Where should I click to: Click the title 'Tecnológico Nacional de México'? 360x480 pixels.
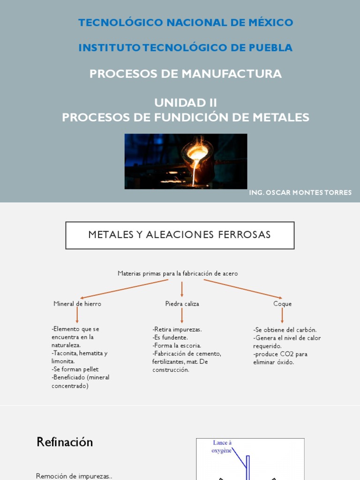(x=186, y=22)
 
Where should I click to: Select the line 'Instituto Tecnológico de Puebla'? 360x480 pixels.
(x=186, y=48)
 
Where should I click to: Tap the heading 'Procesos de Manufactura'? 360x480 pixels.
(x=186, y=74)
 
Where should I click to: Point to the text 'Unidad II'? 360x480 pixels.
(x=186, y=103)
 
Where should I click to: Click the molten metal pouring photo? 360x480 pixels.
(x=186, y=161)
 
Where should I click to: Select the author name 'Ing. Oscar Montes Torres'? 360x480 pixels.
(x=300, y=193)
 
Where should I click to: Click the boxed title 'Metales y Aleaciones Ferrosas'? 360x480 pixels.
(x=180, y=235)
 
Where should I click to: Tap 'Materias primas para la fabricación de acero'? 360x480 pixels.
(x=178, y=273)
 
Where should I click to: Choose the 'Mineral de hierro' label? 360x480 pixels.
(x=77, y=304)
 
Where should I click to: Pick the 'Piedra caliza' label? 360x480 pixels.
(x=182, y=304)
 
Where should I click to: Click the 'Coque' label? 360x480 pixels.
(x=283, y=304)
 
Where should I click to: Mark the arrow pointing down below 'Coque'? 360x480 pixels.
(x=282, y=315)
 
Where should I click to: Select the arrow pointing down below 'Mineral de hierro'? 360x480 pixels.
(x=77, y=315)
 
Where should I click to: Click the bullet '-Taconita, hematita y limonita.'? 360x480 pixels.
(x=80, y=357)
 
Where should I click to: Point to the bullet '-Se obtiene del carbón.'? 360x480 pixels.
(x=285, y=330)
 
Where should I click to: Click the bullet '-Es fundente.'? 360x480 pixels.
(x=170, y=337)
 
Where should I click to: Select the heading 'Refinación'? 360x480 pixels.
(x=65, y=442)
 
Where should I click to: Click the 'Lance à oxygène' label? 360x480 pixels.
(x=222, y=446)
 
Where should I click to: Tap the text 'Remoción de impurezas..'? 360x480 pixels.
(x=74, y=476)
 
